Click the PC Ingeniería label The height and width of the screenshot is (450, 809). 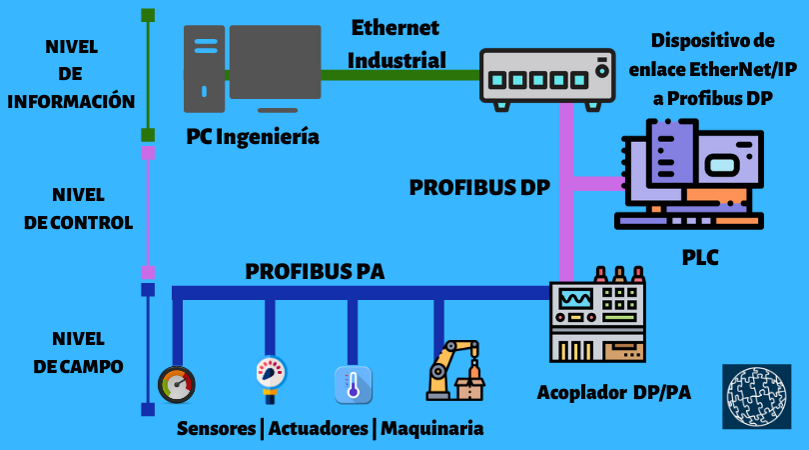pos(253,137)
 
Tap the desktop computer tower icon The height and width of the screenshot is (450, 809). pos(204,68)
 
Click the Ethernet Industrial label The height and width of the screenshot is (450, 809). pos(397,43)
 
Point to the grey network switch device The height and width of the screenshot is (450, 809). pos(545,75)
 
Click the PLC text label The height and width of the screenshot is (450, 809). pos(700,258)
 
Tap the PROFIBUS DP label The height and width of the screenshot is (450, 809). pos(479,187)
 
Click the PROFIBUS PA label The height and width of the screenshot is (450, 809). pos(315,271)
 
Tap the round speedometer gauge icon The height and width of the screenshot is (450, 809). pos(177,383)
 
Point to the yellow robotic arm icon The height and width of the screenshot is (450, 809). pos(455,370)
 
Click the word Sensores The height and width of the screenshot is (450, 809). pos(216,428)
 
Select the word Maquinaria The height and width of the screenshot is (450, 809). pos(432,428)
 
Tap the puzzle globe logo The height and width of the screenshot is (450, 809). pos(756,397)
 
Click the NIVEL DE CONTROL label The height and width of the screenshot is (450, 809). pos(78,208)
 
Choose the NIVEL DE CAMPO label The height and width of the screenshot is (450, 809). pos(78,352)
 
